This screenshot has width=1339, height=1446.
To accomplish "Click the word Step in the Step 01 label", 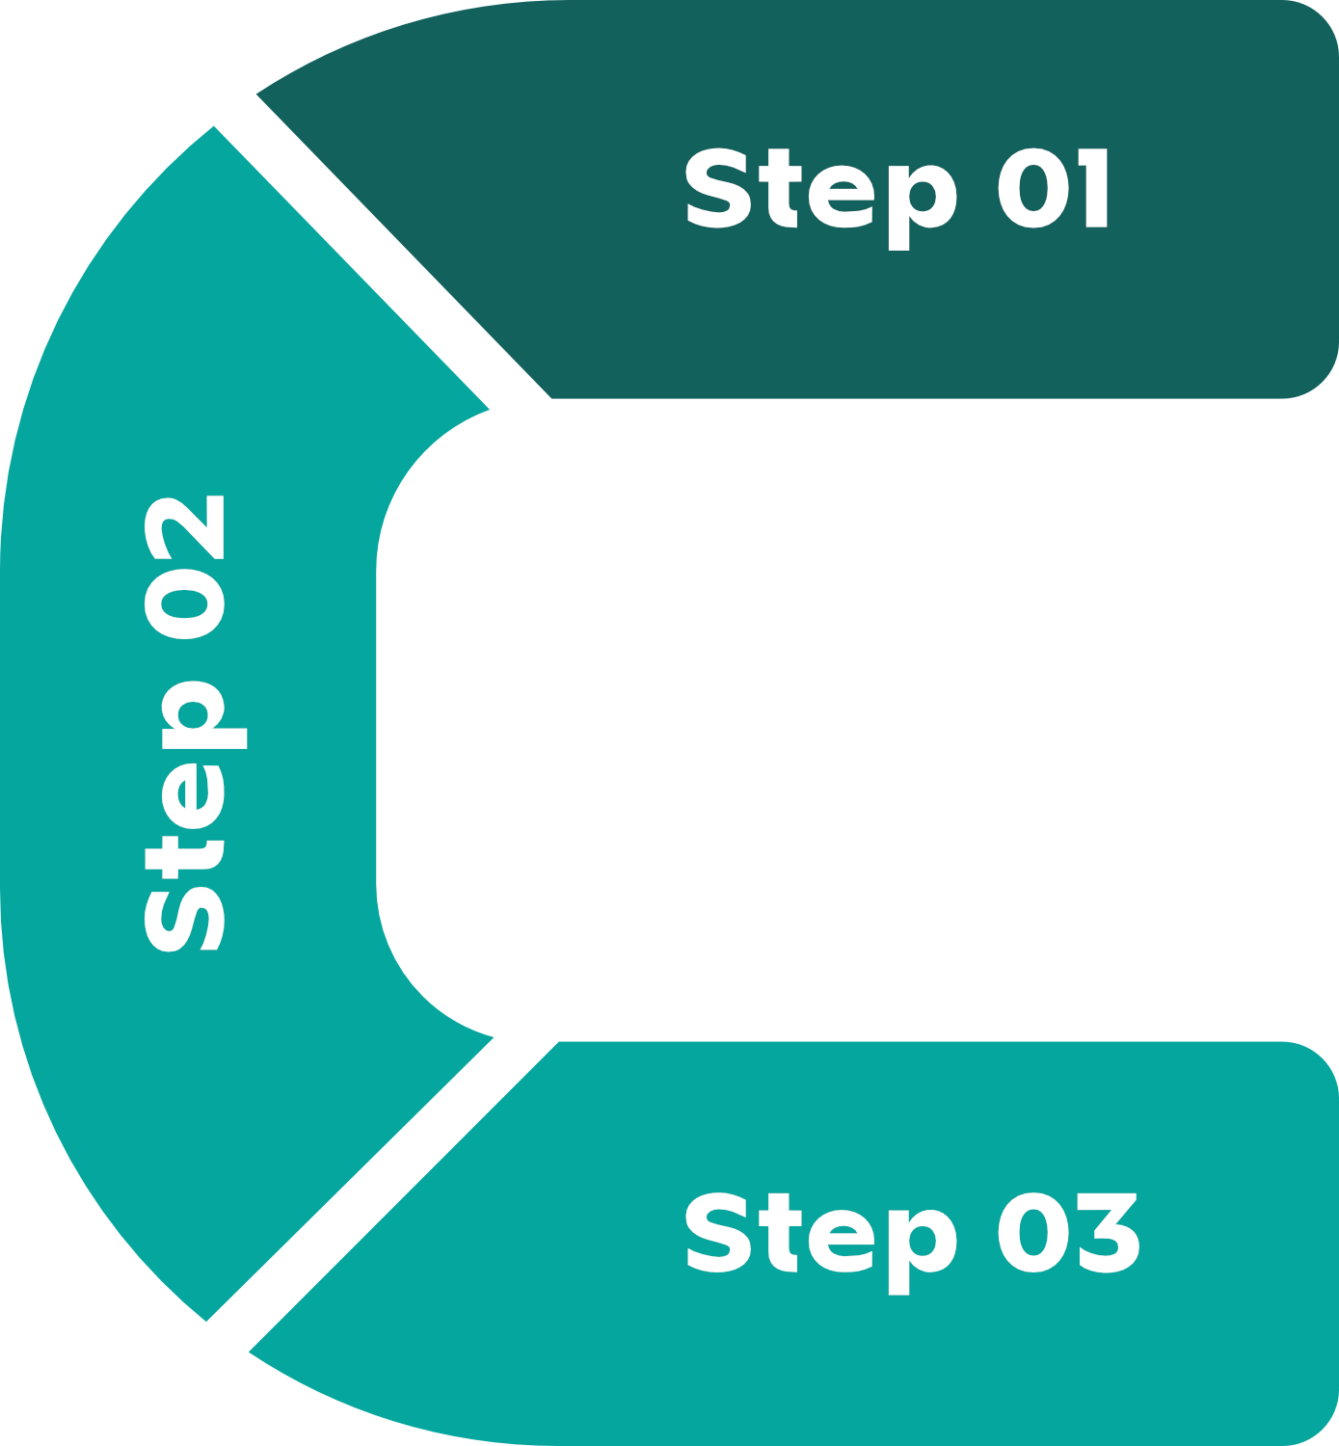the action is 821,199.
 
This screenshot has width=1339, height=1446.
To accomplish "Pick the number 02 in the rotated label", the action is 184,567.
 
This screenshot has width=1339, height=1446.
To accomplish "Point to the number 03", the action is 1068,1233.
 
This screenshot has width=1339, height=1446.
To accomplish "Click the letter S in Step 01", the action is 718,188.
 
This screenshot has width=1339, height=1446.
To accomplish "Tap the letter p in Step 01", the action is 923,207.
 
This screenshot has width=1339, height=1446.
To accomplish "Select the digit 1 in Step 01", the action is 1093,188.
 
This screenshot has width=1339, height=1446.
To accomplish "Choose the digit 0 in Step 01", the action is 1033,188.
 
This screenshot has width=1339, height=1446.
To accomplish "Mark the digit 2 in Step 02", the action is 184,527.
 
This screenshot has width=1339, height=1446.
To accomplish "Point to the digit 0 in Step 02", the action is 184,603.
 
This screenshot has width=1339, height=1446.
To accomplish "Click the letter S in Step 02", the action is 184,919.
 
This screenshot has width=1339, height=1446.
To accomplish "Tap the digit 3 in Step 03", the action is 1109,1233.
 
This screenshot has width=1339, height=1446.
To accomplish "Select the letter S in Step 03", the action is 718,1233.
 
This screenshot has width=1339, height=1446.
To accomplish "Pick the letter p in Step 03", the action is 923,1252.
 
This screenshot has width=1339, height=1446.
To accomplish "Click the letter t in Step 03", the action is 780,1233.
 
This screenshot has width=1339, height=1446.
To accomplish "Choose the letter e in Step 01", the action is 841,196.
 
